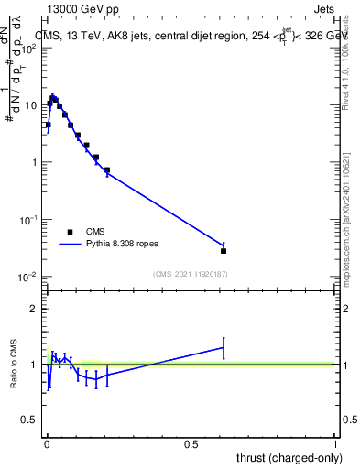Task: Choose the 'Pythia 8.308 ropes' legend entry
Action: tap(125, 245)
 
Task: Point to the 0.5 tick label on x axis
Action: tap(191, 444)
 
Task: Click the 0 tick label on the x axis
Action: tap(47, 444)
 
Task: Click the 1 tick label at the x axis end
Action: tap(334, 444)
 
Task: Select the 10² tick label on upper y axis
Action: tap(31, 48)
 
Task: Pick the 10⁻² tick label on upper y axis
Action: tap(31, 277)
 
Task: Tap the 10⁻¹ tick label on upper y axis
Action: tap(31, 220)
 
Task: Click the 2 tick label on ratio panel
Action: tap(35, 309)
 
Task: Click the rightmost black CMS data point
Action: tap(224, 250)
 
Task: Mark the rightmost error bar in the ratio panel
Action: tap(224, 348)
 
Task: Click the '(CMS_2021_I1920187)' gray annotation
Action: tap(191, 274)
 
